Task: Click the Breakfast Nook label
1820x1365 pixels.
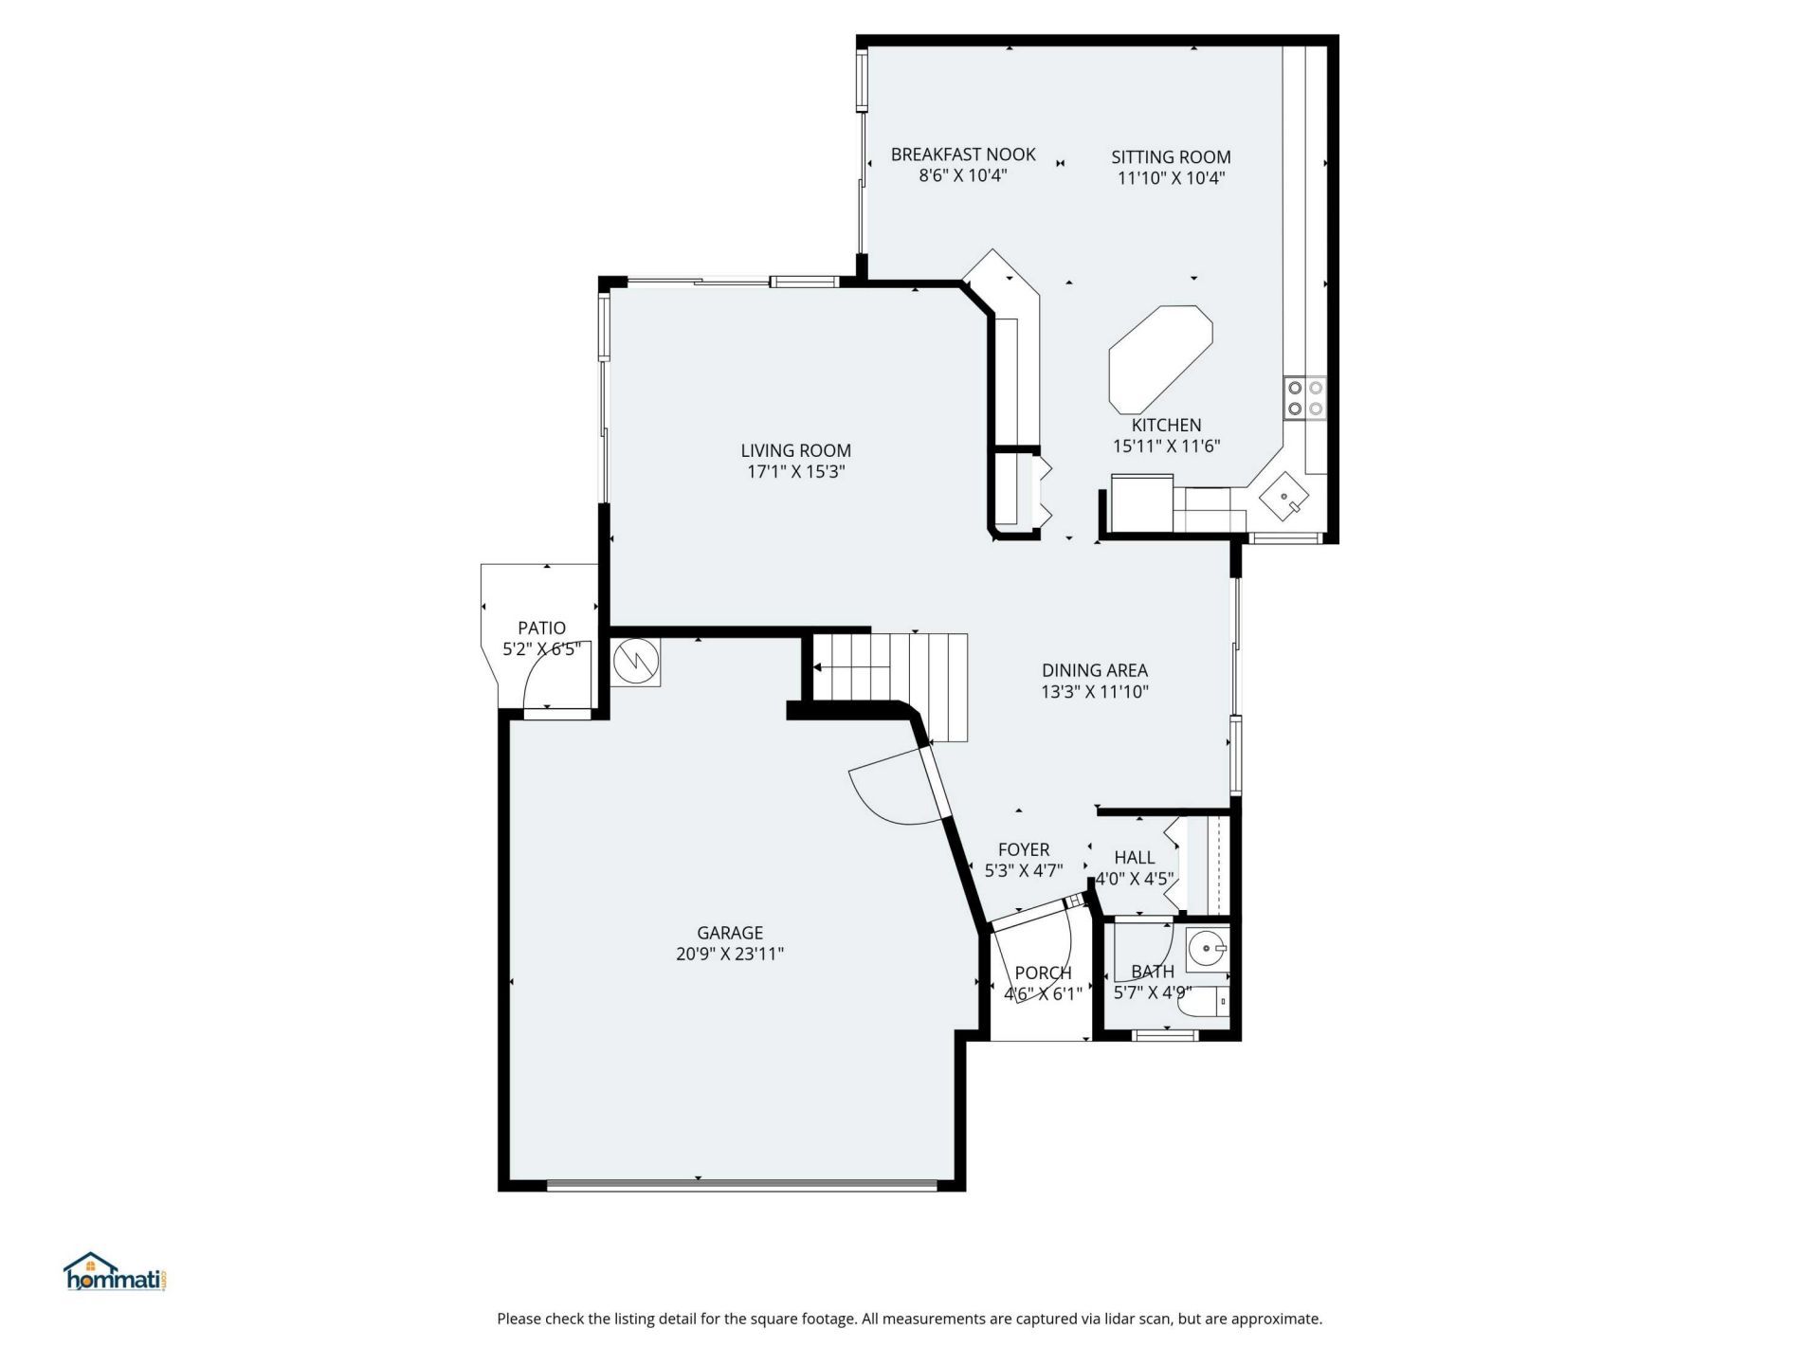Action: pos(962,155)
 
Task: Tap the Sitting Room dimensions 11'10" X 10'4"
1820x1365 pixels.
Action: pos(1171,178)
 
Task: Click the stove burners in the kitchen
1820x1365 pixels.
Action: pos(1304,398)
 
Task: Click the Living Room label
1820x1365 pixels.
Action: pos(795,450)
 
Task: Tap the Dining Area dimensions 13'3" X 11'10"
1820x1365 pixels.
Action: pos(1094,692)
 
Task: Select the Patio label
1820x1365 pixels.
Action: pos(541,628)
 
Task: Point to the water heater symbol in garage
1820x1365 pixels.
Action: pos(635,661)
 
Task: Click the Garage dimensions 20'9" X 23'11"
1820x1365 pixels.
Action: pos(729,955)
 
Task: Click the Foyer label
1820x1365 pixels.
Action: pos(1023,850)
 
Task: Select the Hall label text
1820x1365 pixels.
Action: pos(1134,858)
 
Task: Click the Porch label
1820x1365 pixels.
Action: pos(1043,974)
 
